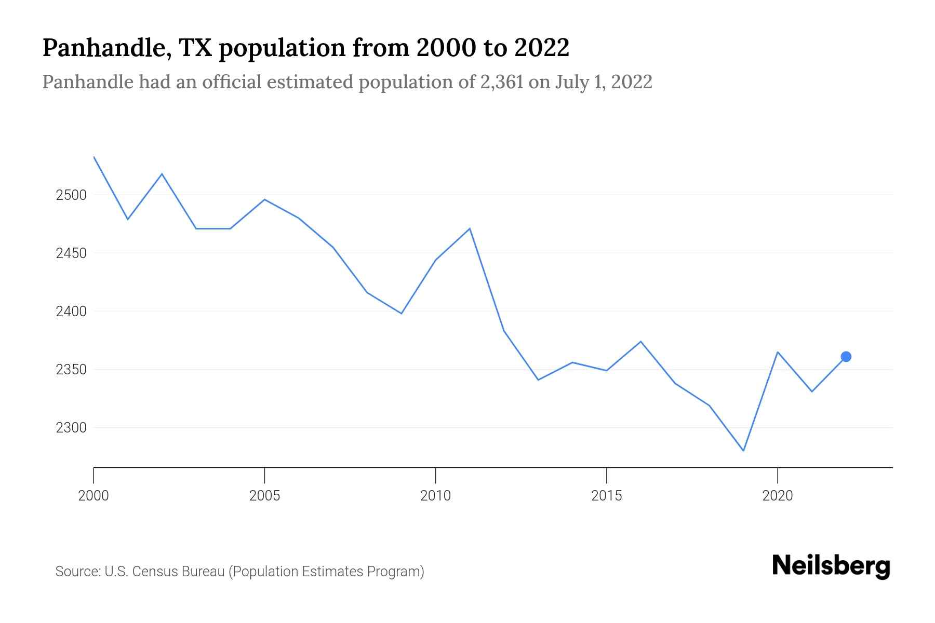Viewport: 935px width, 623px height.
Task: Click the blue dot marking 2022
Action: pyautogui.click(x=846, y=357)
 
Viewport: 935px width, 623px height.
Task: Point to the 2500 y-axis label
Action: pyautogui.click(x=71, y=195)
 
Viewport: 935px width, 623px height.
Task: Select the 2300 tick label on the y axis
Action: pyautogui.click(x=71, y=428)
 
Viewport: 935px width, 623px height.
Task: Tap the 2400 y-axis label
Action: pyautogui.click(x=71, y=311)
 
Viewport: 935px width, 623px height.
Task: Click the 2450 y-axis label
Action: pyautogui.click(x=71, y=253)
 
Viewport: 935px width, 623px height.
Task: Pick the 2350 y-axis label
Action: pyautogui.click(x=71, y=370)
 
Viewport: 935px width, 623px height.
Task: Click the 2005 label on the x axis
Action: pyautogui.click(x=264, y=496)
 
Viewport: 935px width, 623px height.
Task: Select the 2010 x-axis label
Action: pyautogui.click(x=435, y=496)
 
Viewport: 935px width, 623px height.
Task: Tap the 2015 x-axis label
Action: pyautogui.click(x=606, y=496)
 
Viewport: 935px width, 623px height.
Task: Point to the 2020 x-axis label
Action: pyautogui.click(x=777, y=496)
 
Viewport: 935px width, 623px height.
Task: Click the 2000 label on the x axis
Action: pyautogui.click(x=94, y=496)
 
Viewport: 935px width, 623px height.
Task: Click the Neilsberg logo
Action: pyautogui.click(x=831, y=566)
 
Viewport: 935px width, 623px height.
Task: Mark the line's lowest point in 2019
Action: pyautogui.click(x=743, y=451)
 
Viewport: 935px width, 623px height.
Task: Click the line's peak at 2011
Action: pyautogui.click(x=470, y=228)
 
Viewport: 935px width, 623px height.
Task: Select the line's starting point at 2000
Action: pyautogui.click(x=94, y=157)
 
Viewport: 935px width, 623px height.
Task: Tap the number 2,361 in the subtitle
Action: pyautogui.click(x=501, y=82)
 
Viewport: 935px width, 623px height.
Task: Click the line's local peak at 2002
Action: pyautogui.click(x=162, y=174)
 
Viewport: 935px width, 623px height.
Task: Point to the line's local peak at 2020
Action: pyautogui.click(x=777, y=352)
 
